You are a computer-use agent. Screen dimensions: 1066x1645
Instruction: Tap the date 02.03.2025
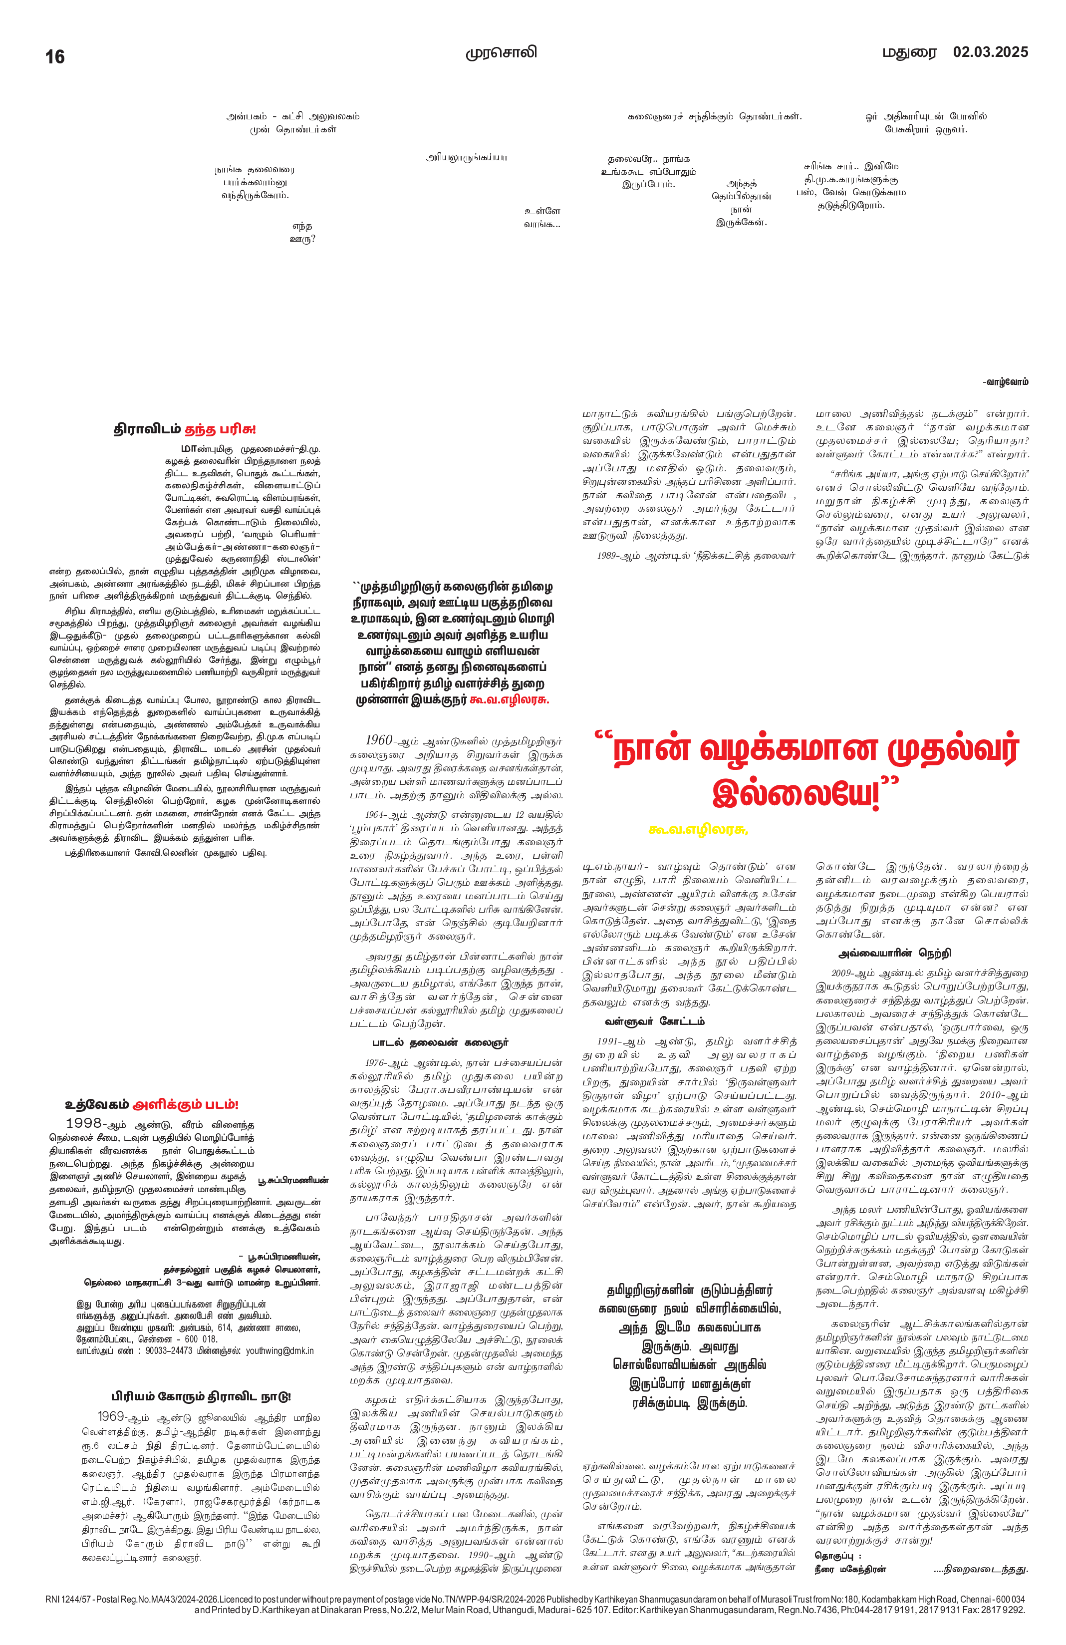click(x=990, y=52)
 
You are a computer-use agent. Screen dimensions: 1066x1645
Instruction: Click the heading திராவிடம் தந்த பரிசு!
click(x=185, y=429)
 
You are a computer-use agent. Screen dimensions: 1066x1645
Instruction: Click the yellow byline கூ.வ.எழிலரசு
click(x=699, y=829)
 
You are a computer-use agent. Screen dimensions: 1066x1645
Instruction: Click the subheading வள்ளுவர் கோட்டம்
click(x=654, y=1021)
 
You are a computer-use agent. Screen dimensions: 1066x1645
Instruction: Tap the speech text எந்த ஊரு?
click(x=302, y=232)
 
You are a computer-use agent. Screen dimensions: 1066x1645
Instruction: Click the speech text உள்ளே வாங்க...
click(x=542, y=217)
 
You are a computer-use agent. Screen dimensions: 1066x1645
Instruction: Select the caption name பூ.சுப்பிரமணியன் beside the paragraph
click(x=293, y=1181)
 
